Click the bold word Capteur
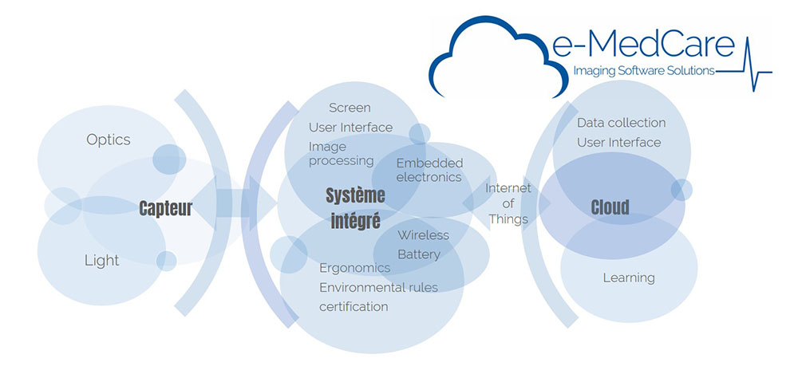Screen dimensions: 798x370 166,208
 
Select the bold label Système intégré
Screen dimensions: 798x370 355,208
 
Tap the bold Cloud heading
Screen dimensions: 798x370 610,207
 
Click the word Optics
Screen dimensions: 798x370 109,140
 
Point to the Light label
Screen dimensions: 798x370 102,261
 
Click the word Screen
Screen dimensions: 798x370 350,108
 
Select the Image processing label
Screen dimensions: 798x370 341,153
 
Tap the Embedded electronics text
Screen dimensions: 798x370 429,170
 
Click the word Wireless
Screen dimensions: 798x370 424,234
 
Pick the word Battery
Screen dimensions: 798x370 419,254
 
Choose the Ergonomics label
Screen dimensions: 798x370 355,269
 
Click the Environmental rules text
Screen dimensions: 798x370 378,287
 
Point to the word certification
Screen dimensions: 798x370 354,306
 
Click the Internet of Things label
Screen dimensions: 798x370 508,204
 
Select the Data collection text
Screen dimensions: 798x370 622,123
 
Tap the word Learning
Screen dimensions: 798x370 629,278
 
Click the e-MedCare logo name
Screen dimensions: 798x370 644,45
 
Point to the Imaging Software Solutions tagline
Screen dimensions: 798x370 644,72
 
